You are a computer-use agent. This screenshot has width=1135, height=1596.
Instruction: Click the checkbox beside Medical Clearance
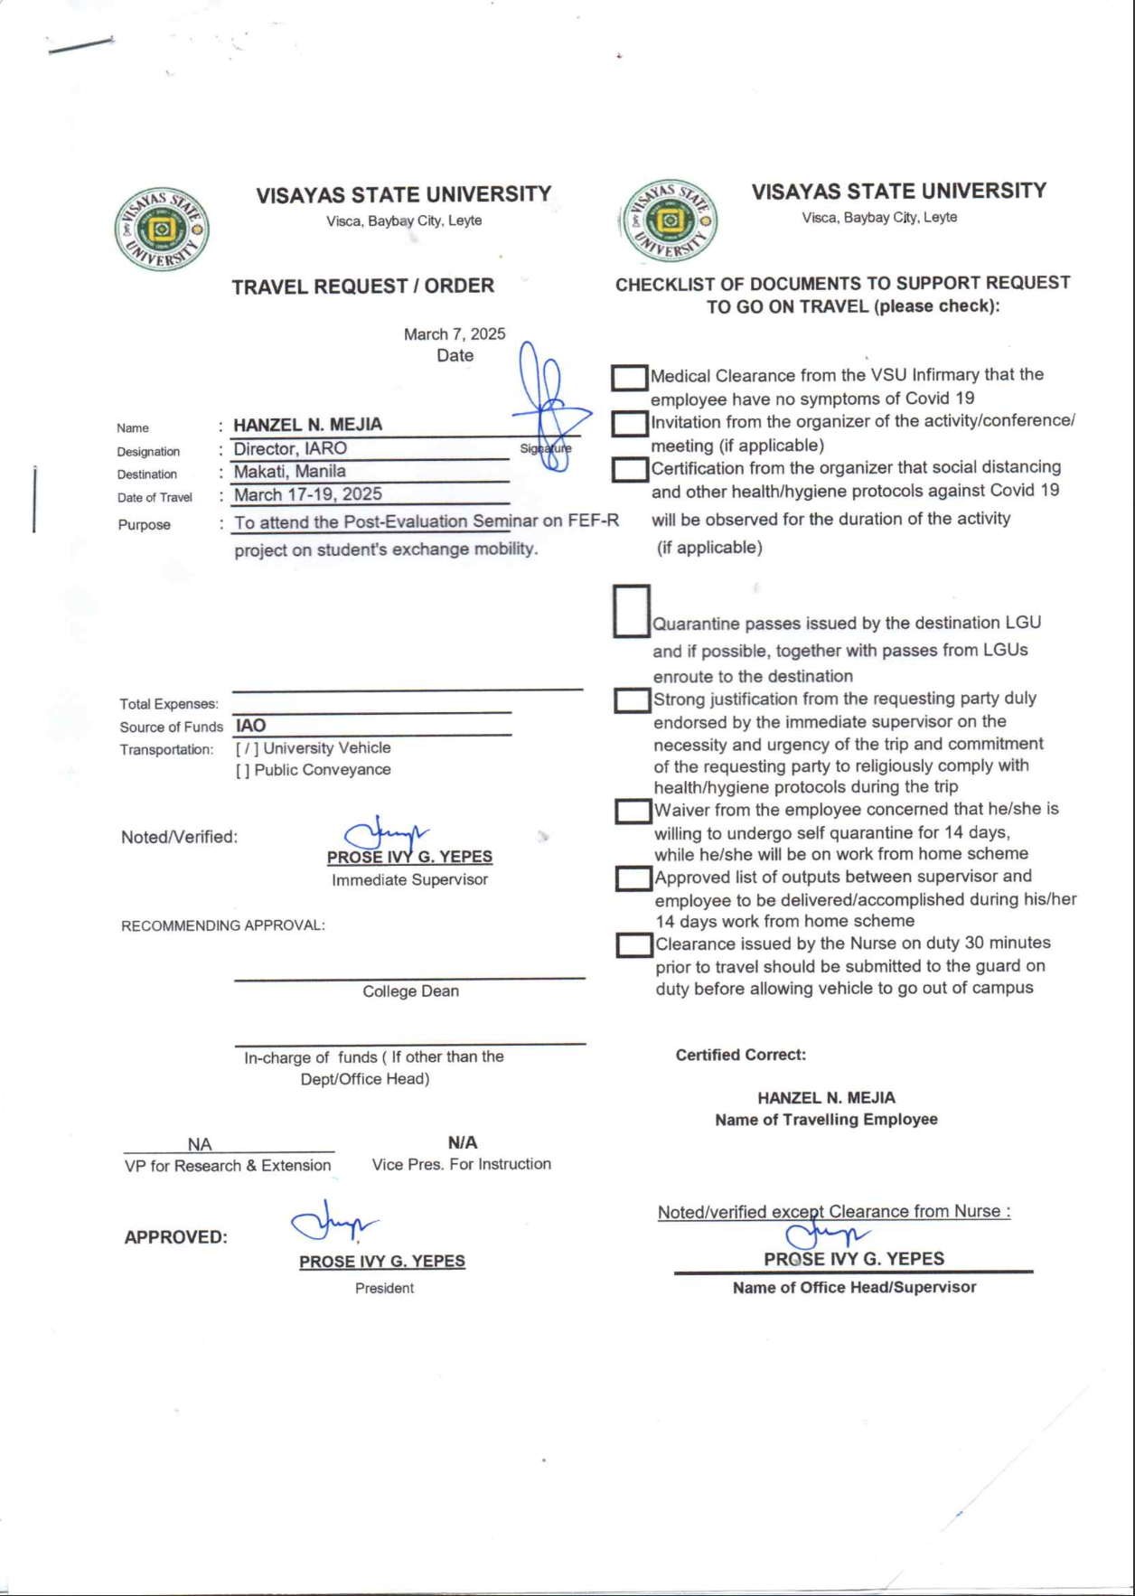tap(629, 378)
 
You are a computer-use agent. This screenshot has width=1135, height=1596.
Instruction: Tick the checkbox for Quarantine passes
tap(632, 611)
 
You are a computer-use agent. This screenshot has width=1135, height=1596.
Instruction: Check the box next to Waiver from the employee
tap(633, 812)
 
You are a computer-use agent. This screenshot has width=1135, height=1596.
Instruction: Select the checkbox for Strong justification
tap(633, 700)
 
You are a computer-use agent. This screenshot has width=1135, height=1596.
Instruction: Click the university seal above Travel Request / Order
tap(162, 230)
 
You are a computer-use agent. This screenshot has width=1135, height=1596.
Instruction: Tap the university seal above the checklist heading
tap(670, 221)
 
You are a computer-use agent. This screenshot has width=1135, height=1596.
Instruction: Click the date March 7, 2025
tap(455, 334)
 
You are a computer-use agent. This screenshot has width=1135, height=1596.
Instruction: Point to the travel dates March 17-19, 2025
tap(308, 494)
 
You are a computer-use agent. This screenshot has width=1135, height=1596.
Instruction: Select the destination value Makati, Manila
tap(290, 471)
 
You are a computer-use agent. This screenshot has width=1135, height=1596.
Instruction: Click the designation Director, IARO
tap(290, 448)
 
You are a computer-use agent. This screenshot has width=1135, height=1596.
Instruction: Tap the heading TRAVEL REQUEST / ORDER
tap(362, 286)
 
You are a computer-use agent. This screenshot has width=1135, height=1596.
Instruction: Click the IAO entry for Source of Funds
tap(251, 726)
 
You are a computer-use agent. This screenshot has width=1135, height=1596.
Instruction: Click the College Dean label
tap(410, 991)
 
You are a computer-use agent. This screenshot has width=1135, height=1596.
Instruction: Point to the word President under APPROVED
tap(384, 1288)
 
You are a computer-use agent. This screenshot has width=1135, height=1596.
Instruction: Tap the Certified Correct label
tap(740, 1055)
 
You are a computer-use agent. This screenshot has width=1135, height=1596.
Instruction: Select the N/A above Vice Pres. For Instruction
tap(463, 1142)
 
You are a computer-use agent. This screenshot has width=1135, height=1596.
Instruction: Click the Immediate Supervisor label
tap(409, 880)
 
